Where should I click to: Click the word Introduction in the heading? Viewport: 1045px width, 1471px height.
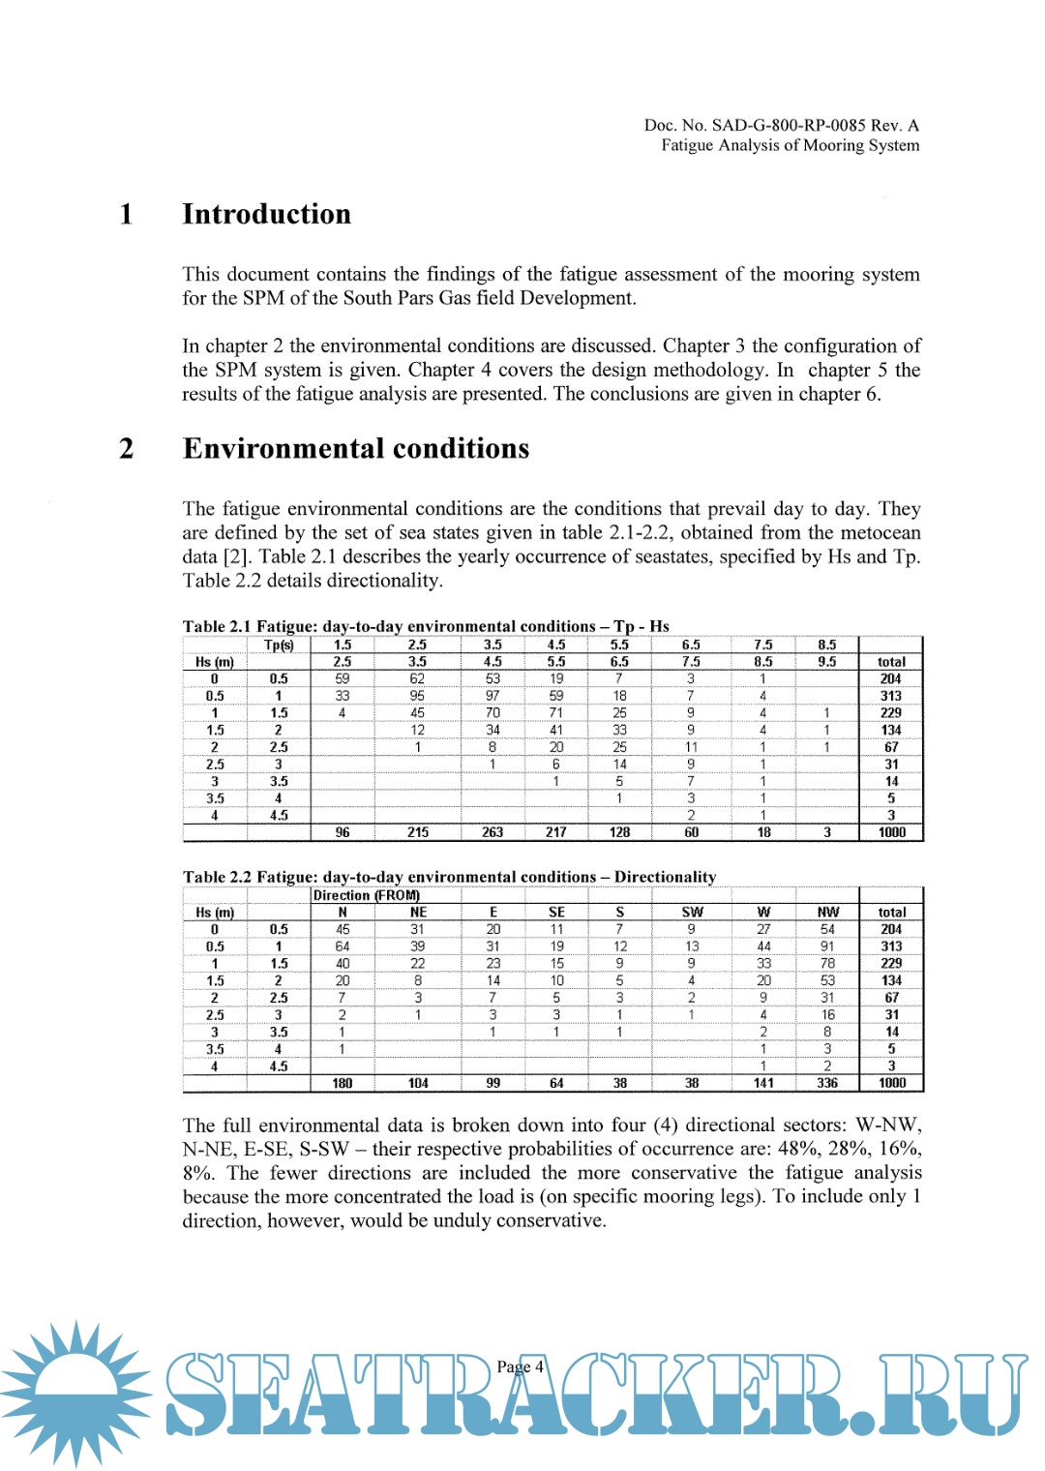pos(266,214)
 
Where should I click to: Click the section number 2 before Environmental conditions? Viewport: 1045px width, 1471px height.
pos(127,449)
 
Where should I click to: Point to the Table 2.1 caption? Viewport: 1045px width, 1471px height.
pos(426,626)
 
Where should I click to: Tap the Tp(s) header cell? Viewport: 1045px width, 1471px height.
pos(279,645)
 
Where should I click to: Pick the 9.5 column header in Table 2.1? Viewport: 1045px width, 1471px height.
pos(826,662)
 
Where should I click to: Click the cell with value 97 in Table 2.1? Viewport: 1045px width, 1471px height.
pos(493,696)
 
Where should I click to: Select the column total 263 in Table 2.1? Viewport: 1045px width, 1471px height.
pos(493,832)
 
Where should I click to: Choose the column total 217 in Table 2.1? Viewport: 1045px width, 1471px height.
pos(556,832)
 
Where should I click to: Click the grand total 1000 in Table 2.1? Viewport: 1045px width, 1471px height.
pos(891,832)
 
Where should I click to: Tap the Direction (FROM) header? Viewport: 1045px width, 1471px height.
pos(367,895)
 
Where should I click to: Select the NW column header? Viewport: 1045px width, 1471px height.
pos(827,912)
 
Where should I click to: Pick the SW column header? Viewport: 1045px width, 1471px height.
pos(692,912)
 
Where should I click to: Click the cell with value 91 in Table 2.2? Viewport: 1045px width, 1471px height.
pos(827,946)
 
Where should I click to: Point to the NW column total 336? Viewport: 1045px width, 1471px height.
pos(827,1083)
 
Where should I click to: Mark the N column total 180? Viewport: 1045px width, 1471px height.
pos(343,1083)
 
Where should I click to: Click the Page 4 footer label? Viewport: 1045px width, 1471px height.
pos(521,1366)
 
